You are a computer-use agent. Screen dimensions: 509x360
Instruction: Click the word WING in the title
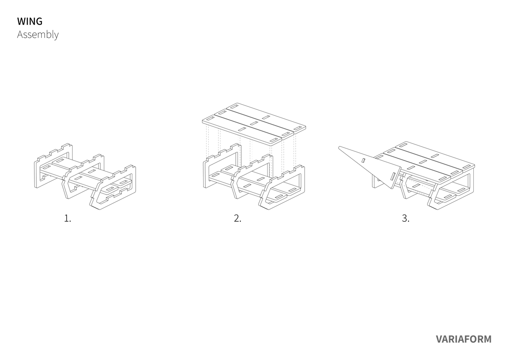coord(30,21)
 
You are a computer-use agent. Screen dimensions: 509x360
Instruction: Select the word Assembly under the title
coord(38,35)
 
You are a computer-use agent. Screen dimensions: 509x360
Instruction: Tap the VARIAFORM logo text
coord(464,339)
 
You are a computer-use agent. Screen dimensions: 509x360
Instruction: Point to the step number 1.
coord(67,218)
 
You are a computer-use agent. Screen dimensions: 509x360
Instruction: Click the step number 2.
coord(238,218)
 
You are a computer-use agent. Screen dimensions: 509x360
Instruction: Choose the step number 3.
coord(406,218)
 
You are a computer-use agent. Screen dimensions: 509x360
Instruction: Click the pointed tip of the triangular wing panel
coord(339,148)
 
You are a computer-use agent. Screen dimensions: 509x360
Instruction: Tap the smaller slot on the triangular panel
coord(363,161)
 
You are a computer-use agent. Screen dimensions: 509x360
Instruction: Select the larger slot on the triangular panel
coord(392,176)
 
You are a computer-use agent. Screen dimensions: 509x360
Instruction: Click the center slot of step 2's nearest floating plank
coord(242,129)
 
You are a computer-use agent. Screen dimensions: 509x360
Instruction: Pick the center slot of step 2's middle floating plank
coord(254,123)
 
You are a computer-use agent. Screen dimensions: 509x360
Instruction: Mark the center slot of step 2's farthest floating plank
coord(266,117)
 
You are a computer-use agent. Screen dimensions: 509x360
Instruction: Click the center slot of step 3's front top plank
coord(411,167)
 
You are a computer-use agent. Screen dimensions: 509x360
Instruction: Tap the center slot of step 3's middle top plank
coord(423,162)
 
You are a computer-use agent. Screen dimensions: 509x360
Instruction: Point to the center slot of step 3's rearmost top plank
coord(435,156)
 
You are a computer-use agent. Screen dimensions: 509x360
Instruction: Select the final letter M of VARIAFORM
coord(487,339)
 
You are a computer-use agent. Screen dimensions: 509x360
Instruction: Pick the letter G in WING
coord(39,21)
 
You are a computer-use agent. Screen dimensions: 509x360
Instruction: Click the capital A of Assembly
coord(20,34)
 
